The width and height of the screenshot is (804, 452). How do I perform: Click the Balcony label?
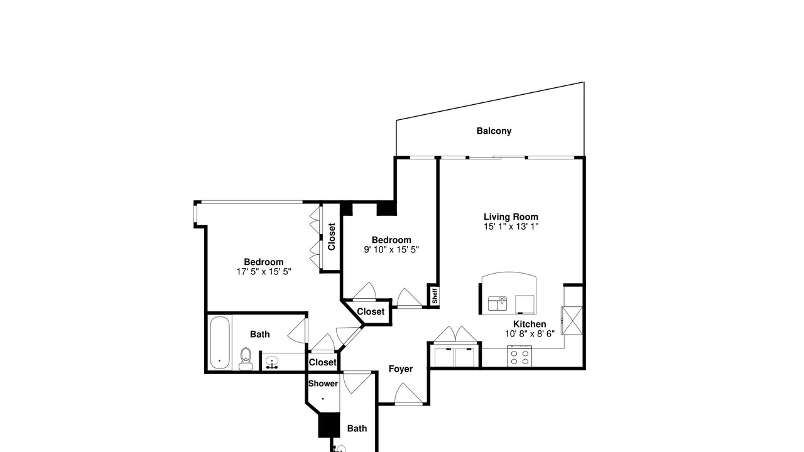click(494, 131)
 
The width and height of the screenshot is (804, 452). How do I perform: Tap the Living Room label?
click(511, 217)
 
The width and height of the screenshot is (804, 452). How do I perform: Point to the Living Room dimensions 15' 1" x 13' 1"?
click(511, 227)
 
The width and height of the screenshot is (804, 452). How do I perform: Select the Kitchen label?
click(530, 324)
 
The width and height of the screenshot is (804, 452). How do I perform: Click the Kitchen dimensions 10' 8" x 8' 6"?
click(530, 333)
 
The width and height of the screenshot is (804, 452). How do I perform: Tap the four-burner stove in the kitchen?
click(519, 356)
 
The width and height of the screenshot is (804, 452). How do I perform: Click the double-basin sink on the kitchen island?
click(497, 303)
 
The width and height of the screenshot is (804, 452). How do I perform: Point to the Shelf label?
click(435, 296)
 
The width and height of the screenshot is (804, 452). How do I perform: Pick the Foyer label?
click(401, 369)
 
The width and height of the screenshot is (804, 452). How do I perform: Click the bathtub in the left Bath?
click(219, 343)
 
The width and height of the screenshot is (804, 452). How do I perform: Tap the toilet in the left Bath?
click(246, 358)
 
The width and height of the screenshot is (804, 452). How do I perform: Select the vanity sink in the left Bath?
click(273, 362)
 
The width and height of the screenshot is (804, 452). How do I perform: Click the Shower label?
click(323, 384)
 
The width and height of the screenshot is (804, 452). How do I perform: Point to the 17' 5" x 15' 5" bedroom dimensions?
click(264, 272)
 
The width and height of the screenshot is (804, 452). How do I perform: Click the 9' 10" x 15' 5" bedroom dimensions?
click(391, 249)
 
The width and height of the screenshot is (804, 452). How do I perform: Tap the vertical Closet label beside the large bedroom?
click(331, 237)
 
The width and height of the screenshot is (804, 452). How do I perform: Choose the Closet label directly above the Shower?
click(323, 362)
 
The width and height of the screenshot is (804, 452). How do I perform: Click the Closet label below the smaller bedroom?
click(371, 311)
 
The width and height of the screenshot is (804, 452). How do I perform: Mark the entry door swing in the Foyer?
click(408, 394)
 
